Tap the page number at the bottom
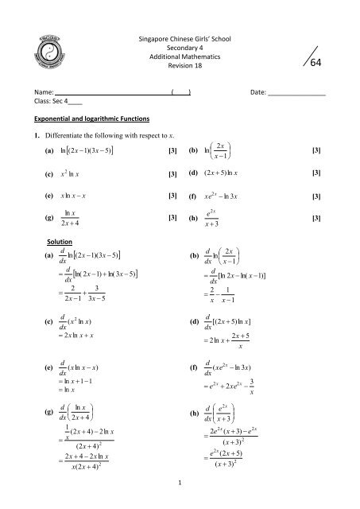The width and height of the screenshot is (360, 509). (x=180, y=499)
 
